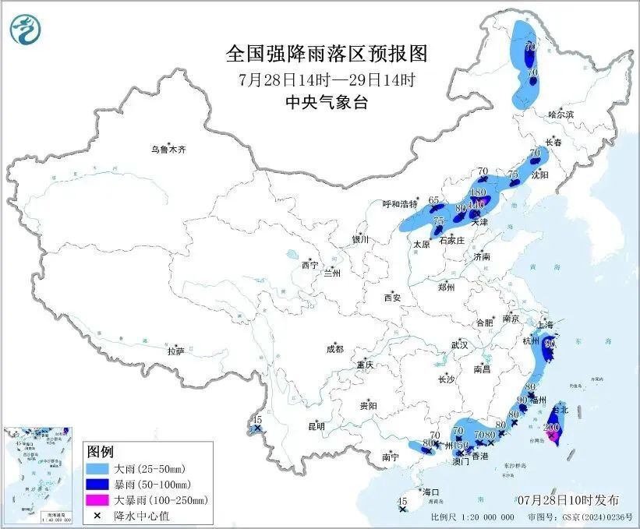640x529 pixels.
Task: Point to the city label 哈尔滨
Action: click(x=560, y=115)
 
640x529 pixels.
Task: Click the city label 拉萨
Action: click(x=175, y=351)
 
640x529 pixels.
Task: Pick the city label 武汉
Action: click(x=459, y=344)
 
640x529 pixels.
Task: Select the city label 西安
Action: click(x=391, y=298)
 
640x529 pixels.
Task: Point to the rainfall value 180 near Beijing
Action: click(x=479, y=192)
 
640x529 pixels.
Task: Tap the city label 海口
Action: click(x=431, y=492)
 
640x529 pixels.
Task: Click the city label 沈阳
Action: click(x=539, y=175)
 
